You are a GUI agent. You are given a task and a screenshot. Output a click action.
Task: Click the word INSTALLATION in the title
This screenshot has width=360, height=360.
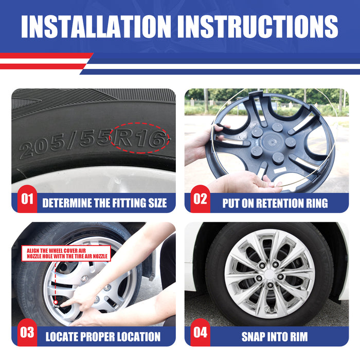[x=96, y=26]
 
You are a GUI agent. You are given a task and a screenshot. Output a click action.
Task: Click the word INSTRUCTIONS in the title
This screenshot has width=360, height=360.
[x=258, y=26]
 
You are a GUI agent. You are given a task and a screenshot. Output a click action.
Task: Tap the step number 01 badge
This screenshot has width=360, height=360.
[x=27, y=199]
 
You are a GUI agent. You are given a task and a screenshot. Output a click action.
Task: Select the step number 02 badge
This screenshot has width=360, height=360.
[x=200, y=199]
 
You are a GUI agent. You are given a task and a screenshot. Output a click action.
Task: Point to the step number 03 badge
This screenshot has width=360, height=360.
[x=27, y=332]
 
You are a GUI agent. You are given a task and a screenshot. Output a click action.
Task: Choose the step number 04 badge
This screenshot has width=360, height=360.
[x=200, y=332]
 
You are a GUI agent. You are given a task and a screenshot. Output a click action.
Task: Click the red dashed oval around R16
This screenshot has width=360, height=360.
[x=139, y=123]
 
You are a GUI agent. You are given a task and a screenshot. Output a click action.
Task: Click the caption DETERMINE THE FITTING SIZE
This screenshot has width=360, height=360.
[x=104, y=203]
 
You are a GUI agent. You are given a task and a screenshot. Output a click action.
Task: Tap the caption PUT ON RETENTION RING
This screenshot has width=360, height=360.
[x=275, y=203]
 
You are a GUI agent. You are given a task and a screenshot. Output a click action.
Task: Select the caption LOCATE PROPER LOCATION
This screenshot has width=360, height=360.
[x=103, y=337]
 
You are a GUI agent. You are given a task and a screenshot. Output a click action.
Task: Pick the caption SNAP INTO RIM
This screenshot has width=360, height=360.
[x=275, y=337]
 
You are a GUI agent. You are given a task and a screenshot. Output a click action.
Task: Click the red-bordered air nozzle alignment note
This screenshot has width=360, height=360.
[x=66, y=253]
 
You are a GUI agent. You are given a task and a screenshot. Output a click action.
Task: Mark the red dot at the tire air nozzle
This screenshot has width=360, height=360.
[x=56, y=302]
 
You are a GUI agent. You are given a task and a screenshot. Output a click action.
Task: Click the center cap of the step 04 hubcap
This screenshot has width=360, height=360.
[x=269, y=274]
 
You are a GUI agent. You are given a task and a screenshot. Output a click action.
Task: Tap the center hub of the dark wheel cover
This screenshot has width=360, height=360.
[x=272, y=142]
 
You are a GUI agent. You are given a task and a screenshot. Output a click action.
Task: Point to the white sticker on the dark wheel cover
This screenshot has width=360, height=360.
[x=280, y=170]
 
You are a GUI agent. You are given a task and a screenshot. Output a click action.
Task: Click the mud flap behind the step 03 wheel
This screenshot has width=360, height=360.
[x=150, y=264]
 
